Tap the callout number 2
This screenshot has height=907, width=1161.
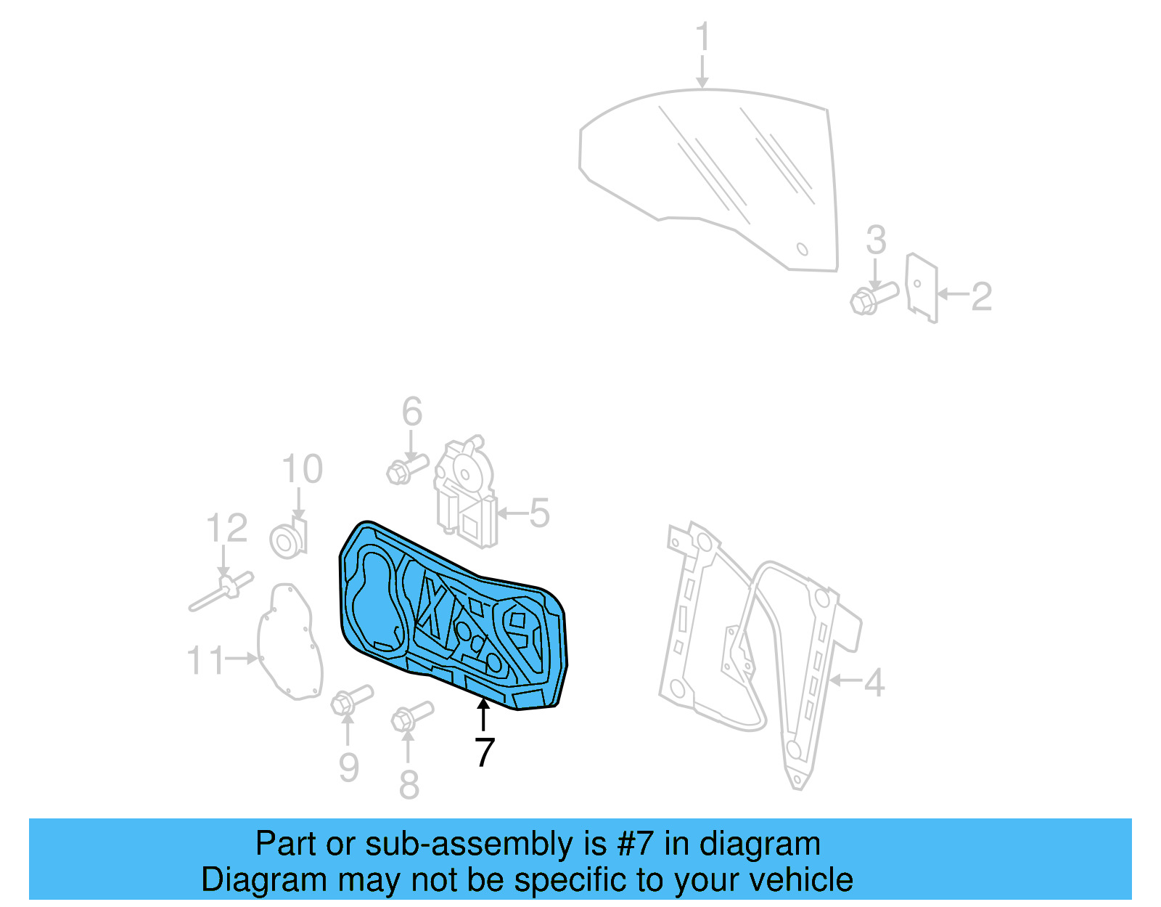click(981, 296)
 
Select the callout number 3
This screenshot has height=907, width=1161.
click(876, 240)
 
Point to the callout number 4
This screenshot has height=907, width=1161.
click(874, 682)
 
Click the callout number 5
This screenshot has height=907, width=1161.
click(539, 513)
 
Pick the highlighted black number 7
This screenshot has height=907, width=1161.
click(485, 752)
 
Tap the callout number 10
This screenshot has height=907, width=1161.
click(302, 469)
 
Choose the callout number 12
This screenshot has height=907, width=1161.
click(226, 528)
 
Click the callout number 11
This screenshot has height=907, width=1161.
click(206, 660)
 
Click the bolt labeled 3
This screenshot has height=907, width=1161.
click(873, 298)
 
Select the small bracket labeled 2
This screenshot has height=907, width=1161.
click(922, 288)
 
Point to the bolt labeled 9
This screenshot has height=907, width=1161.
click(350, 699)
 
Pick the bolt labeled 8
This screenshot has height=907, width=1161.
click(411, 715)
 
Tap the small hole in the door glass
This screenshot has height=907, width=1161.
click(803, 249)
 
